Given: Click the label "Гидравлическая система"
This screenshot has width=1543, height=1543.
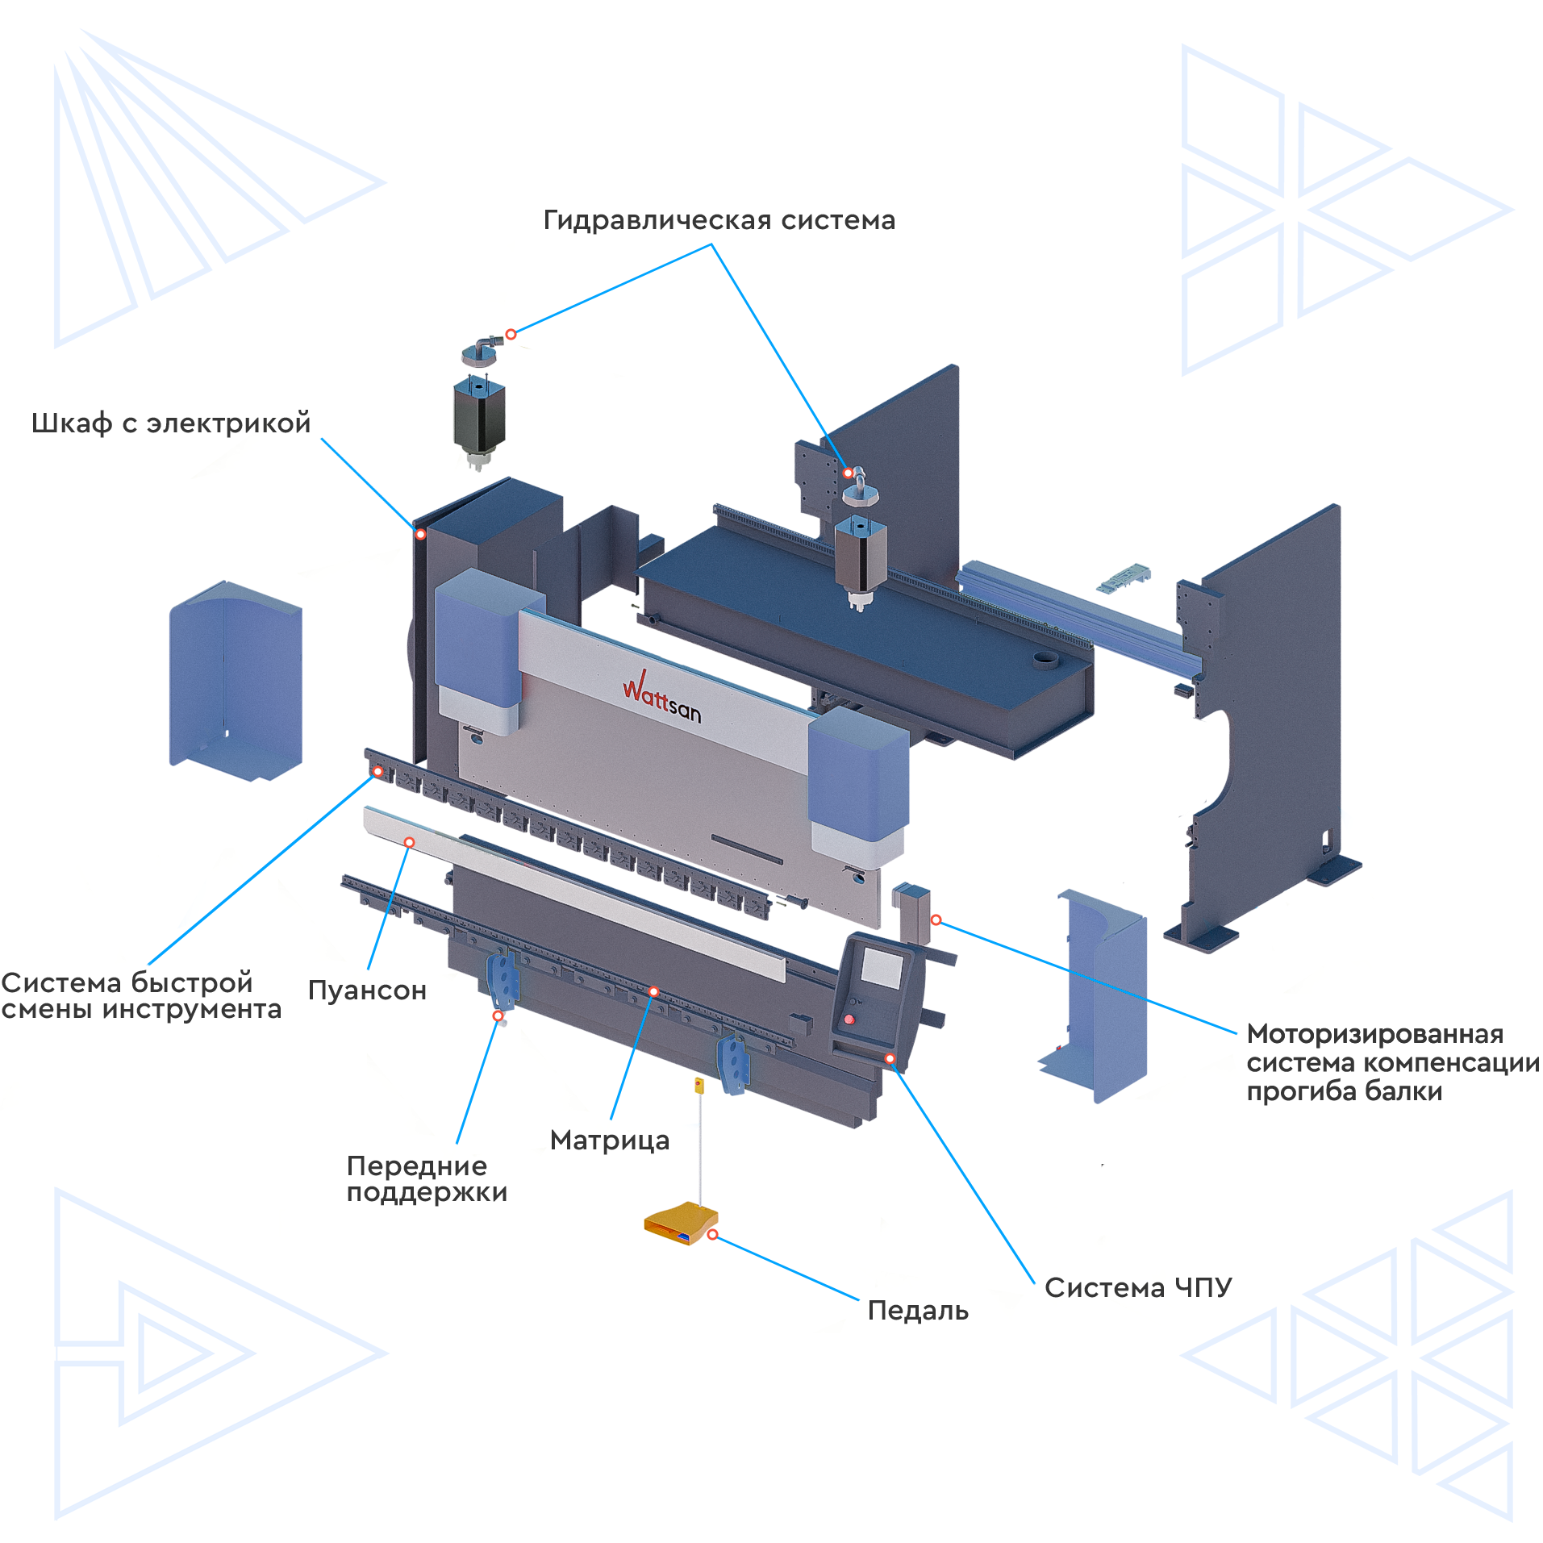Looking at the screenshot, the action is pos(719,220).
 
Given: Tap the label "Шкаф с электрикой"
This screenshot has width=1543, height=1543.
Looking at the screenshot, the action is pos(171,423).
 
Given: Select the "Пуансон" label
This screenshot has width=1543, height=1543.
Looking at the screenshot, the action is pos(367,990).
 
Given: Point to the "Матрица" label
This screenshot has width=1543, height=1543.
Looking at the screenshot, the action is pos(610,1141).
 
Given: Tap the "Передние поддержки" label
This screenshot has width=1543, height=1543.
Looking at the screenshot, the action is pos(427,1178).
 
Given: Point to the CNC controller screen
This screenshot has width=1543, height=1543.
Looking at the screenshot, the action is pos(881,967).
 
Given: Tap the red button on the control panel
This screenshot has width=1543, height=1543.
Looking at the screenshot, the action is pos(849,1020).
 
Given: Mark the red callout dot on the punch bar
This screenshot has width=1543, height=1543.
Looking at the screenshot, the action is pos(409,842).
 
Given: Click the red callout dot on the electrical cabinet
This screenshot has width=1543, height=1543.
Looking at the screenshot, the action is pos(420,534).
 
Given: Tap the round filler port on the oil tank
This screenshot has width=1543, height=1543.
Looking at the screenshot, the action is pos(1047,661).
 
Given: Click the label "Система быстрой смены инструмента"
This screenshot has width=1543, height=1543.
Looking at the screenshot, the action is pos(141,995).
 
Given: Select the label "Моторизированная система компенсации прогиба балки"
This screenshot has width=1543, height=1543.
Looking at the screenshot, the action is pos(1393,1062).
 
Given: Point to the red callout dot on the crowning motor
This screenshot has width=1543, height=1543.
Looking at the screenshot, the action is pos(936,920).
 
